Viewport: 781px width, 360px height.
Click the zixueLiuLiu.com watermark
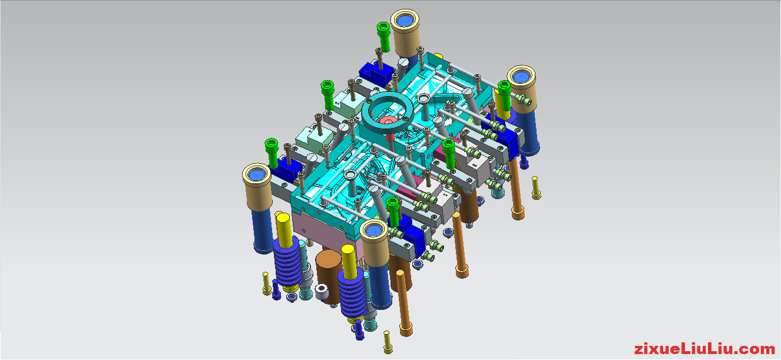pyautogui.click(x=704, y=348)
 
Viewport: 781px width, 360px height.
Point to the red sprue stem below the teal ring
pyautogui.click(x=390, y=140)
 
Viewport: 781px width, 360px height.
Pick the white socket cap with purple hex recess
pyautogui.click(x=321, y=291)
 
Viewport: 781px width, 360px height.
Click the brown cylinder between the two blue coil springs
pyautogui.click(x=329, y=276)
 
